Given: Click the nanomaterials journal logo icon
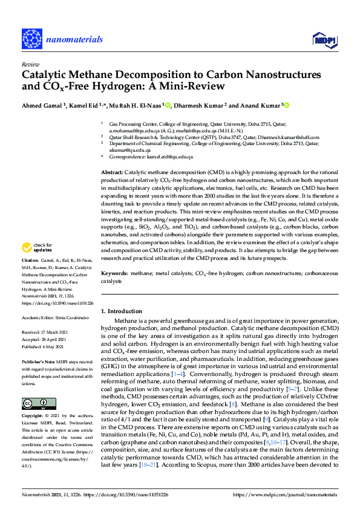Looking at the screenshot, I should pos(31,37).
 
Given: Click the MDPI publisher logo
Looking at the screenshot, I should pos(324,39).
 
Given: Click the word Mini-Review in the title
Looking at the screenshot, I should pos(195,87).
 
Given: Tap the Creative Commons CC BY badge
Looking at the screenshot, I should pos(34,403).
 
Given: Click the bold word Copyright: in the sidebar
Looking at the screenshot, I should pos(33,417).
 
